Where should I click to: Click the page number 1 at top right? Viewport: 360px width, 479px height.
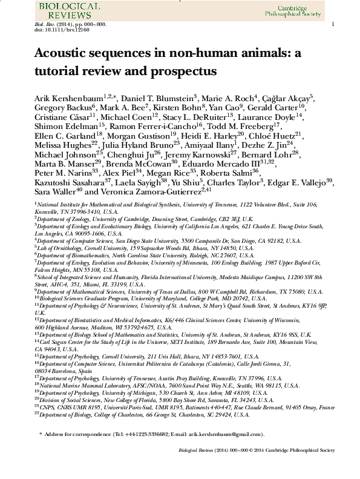click(x=333, y=24)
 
